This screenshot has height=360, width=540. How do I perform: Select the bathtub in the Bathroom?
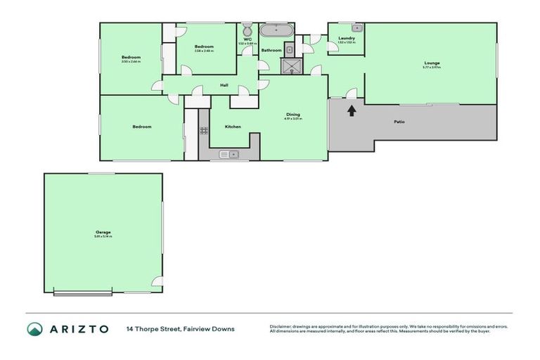(x=276, y=31)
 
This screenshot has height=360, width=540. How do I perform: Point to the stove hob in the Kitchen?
(x=204, y=130)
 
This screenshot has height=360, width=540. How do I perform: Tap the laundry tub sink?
(x=356, y=28)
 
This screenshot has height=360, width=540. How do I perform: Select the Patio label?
(x=399, y=122)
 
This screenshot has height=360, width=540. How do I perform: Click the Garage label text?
(x=103, y=232)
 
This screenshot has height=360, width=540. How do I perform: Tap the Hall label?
(x=224, y=85)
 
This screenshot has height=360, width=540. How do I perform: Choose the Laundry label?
(x=346, y=38)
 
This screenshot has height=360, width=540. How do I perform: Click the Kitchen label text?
(x=233, y=127)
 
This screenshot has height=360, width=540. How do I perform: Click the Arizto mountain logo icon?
(x=34, y=329)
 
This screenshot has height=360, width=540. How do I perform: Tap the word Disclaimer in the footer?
(x=281, y=326)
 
